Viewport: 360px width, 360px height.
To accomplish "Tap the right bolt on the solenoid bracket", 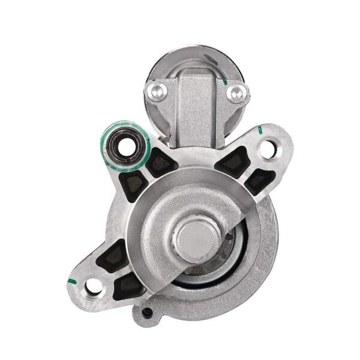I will click(238, 92).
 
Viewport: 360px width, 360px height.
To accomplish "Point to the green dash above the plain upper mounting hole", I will click(259, 128).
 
